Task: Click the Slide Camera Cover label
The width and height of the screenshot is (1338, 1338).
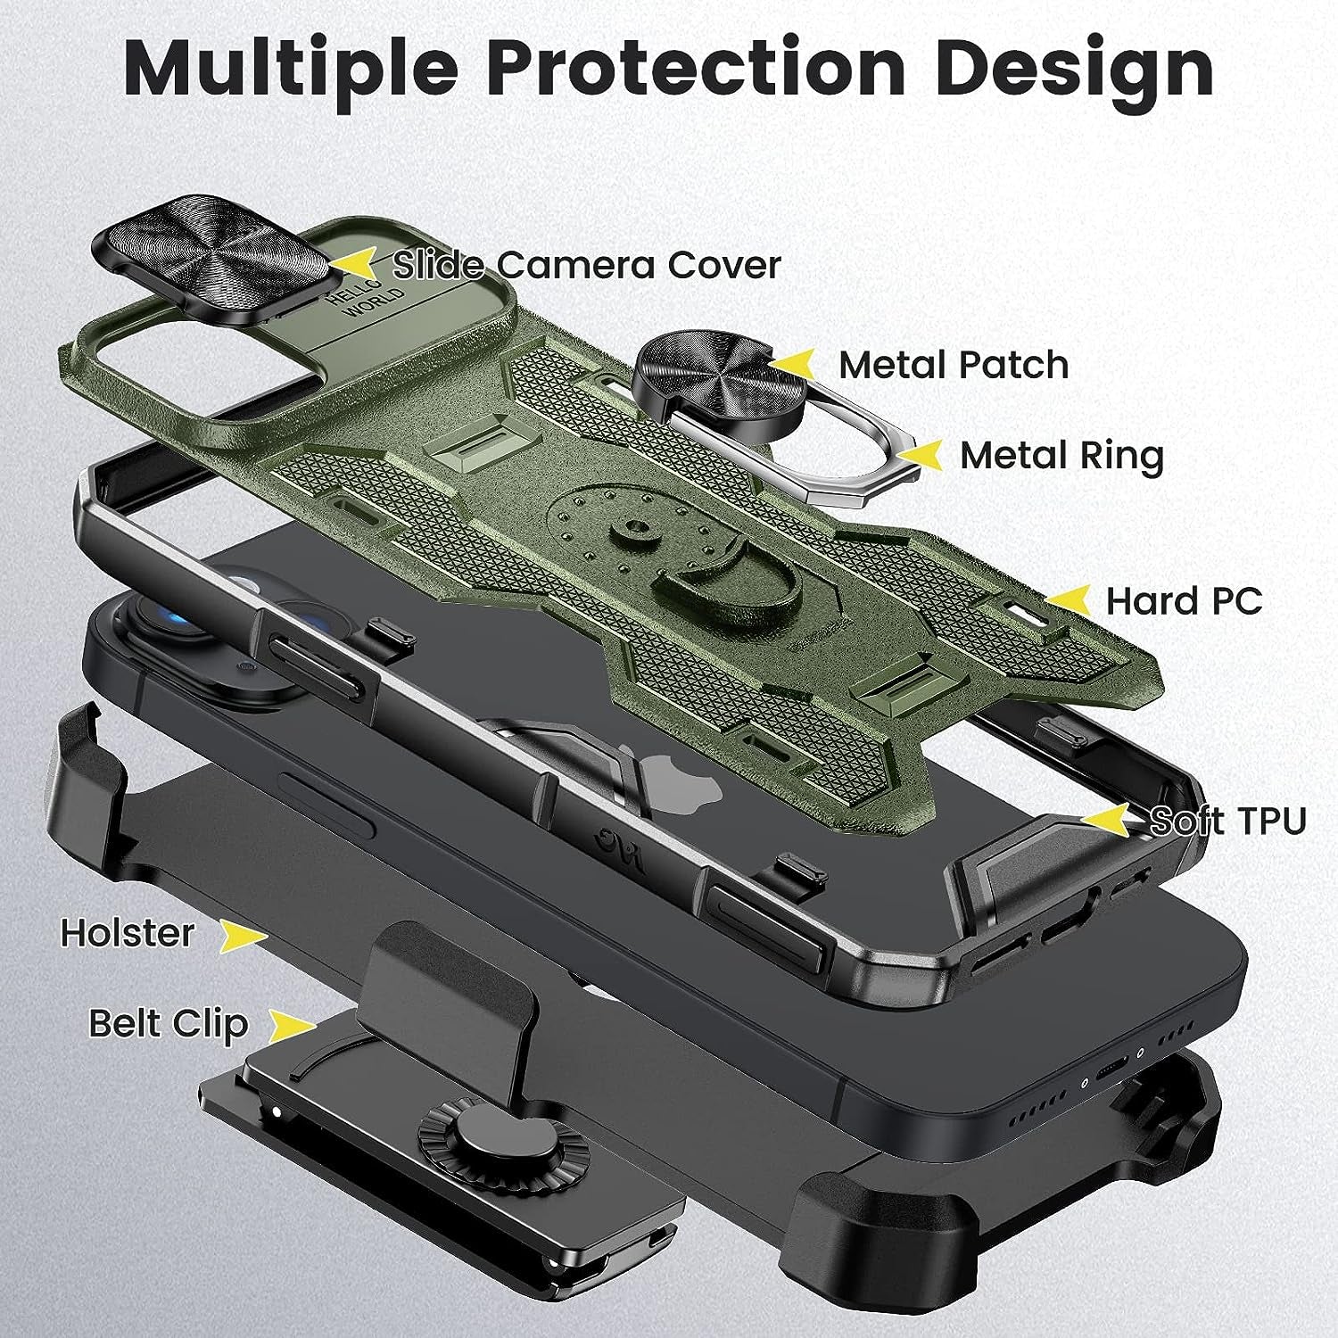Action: tap(587, 265)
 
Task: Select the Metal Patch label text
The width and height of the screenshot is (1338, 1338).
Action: tap(953, 365)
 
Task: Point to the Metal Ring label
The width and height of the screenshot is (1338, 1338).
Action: tap(1061, 456)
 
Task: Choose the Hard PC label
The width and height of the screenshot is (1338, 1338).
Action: tap(1184, 601)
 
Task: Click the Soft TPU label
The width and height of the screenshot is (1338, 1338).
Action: tap(1227, 821)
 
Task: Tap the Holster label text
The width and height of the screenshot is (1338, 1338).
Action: tap(127, 934)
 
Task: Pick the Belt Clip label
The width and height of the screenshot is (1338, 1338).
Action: tap(168, 1023)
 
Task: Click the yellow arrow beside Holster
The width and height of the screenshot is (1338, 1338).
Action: tap(243, 936)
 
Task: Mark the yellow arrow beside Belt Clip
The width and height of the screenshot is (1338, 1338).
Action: tap(293, 1027)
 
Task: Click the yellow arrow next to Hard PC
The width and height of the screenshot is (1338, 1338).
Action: tap(1067, 599)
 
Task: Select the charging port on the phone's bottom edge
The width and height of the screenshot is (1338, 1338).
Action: tap(1113, 1068)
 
